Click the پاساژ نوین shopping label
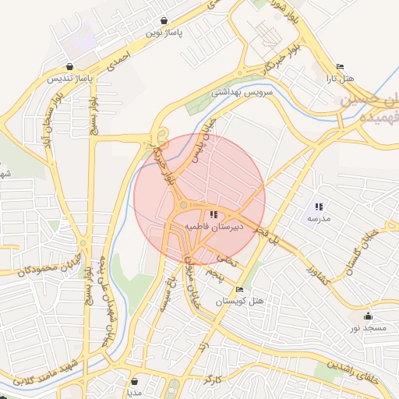164,34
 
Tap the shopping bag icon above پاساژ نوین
164,20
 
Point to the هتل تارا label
339,79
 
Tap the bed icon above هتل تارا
339,67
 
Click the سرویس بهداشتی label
242,92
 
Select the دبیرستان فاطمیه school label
214,227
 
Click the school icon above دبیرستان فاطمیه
214,214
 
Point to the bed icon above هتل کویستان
239,290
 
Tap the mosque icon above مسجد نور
368,316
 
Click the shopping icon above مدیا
136,382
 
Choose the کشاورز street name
323,274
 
